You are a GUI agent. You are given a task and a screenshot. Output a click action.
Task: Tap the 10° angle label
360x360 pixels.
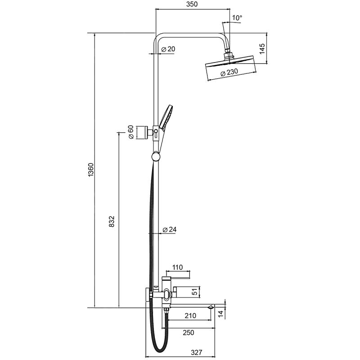(237, 18)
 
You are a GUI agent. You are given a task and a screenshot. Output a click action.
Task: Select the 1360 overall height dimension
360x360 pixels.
(91, 171)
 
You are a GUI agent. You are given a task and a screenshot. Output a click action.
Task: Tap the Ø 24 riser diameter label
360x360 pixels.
(169, 229)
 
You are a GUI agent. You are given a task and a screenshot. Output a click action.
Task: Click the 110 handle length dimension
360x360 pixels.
(178, 267)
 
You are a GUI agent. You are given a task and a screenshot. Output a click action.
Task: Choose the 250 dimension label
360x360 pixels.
(188, 333)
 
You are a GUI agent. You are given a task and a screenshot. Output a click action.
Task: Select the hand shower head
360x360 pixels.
(167, 116)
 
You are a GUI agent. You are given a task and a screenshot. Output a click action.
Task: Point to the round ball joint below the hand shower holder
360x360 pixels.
(155, 157)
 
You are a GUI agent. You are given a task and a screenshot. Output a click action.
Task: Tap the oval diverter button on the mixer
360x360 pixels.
(168, 295)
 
